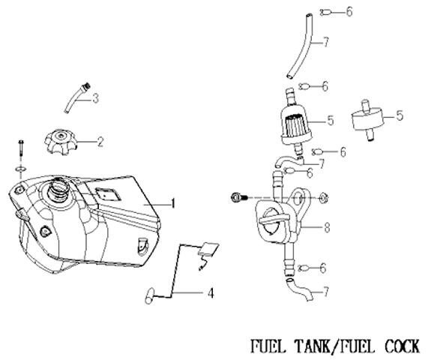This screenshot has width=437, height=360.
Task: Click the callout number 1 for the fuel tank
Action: (173, 203)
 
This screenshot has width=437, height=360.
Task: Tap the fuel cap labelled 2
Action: (61, 142)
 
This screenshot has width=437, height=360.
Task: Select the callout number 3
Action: (96, 98)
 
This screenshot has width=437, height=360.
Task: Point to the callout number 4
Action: (211, 293)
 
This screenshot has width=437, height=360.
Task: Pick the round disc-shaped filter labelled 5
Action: (367, 120)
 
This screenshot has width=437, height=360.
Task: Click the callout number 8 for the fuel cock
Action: (327, 227)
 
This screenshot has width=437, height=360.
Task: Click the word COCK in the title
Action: (403, 346)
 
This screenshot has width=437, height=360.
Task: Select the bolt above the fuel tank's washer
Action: (21, 150)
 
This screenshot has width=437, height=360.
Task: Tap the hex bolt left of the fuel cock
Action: (239, 197)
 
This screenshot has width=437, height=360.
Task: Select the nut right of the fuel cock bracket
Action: (324, 197)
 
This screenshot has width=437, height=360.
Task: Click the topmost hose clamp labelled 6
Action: (325, 12)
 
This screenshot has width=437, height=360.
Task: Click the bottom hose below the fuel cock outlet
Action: (299, 289)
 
